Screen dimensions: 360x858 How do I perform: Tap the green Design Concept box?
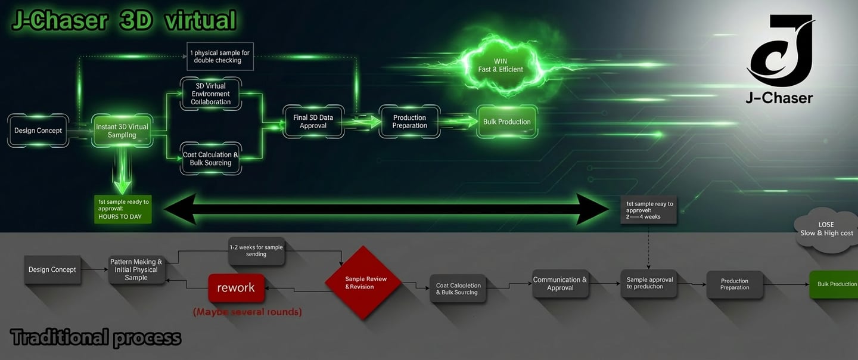tap(38, 131)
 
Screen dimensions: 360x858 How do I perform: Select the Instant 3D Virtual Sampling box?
tap(122, 131)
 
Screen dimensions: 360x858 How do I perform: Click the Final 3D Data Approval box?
tap(313, 122)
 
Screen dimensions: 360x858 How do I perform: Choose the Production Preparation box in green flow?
tap(409, 122)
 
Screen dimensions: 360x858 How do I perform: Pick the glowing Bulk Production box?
tap(506, 122)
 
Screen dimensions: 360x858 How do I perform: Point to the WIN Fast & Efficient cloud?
tap(500, 66)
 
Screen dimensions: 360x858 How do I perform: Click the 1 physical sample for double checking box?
tap(220, 57)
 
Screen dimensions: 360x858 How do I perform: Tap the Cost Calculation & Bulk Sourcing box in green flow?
tap(211, 159)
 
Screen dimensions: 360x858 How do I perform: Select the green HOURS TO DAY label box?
tap(123, 209)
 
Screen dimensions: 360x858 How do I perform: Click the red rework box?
tap(236, 288)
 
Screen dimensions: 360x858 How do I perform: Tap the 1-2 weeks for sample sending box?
tap(256, 251)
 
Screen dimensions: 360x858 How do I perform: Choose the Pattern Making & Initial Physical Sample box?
tap(136, 269)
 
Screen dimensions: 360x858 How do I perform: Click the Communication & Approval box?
tap(560, 284)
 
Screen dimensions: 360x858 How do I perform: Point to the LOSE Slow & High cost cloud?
tap(826, 229)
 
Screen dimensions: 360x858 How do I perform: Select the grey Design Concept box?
tap(52, 269)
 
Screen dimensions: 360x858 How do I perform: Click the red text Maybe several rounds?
tap(247, 312)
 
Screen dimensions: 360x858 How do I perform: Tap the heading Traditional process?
tap(96, 338)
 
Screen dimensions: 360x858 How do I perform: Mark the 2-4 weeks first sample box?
tap(649, 210)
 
